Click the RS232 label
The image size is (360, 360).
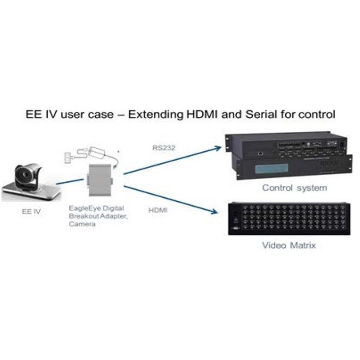click(x=161, y=148)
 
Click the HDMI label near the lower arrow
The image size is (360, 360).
click(x=158, y=211)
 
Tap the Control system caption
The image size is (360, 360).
click(x=295, y=188)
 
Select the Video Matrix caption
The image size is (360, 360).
click(x=289, y=245)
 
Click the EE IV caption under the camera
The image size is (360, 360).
click(x=31, y=211)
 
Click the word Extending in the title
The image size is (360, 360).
click(x=151, y=115)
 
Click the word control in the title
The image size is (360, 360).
click(x=316, y=115)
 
